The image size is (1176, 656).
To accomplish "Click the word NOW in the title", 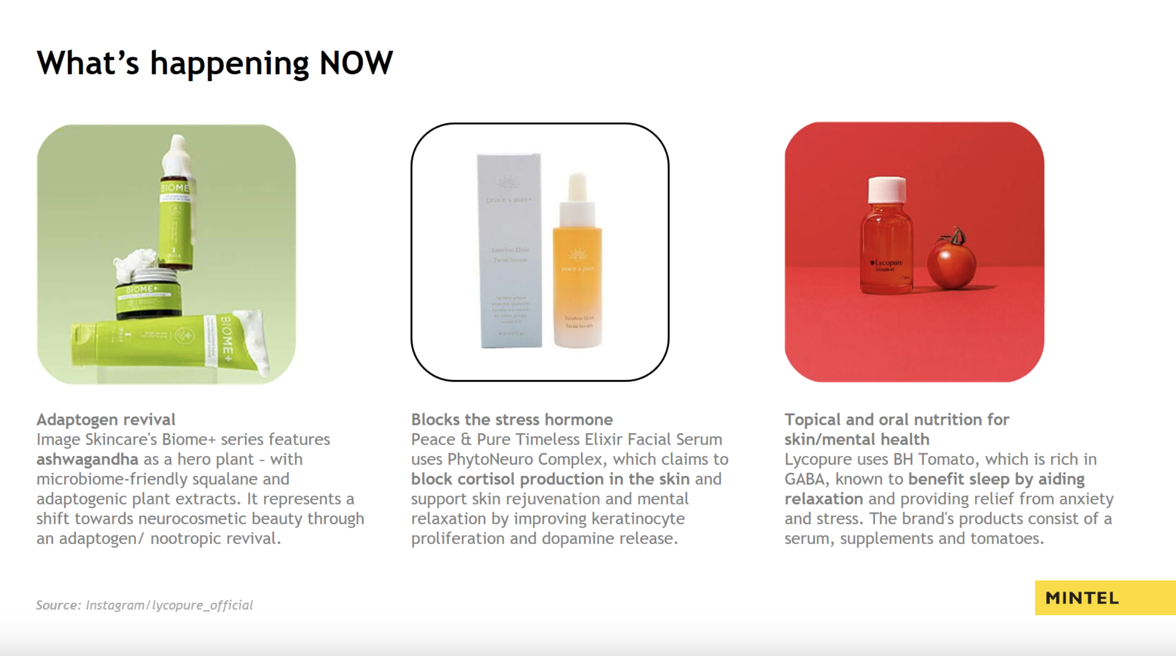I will point(356,63).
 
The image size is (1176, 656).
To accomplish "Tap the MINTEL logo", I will point(1082,598).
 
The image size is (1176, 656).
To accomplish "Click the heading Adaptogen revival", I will point(106,419).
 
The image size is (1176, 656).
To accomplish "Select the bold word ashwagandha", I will point(87,459).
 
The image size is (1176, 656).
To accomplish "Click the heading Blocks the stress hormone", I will point(512,419).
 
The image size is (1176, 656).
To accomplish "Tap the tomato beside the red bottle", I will point(951,263).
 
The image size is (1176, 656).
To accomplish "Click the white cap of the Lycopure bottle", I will point(886,189).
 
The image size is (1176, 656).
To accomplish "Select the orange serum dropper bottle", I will point(577,268).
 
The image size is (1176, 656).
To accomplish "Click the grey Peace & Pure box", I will point(509,250).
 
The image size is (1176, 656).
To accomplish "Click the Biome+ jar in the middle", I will point(148,297).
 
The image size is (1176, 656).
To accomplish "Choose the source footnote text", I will point(144,605).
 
